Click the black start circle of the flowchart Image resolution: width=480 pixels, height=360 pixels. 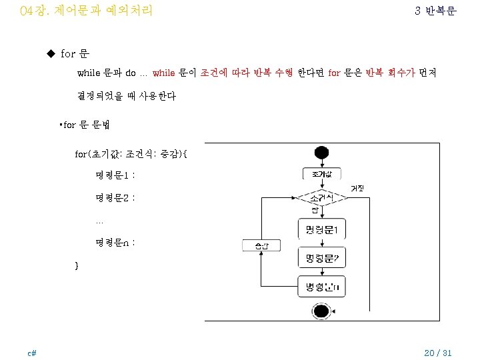(x=321, y=153)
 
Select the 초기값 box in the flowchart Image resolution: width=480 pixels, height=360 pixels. (x=321, y=175)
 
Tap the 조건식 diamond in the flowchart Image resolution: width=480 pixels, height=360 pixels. (x=321, y=199)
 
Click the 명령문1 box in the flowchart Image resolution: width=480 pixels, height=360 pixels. (x=321, y=231)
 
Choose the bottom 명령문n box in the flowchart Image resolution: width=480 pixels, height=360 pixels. (x=321, y=288)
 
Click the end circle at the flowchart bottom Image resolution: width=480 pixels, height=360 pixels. (x=321, y=311)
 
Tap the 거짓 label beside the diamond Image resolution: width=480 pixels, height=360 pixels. (x=357, y=189)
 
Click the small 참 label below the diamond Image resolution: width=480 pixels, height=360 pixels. (x=315, y=211)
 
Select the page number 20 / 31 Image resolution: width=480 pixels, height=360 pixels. (x=438, y=353)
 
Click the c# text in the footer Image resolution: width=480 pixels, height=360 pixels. (x=31, y=353)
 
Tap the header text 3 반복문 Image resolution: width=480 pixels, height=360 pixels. (x=435, y=11)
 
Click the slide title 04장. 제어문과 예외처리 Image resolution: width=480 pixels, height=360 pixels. (x=87, y=11)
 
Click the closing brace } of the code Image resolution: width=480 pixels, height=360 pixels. (x=77, y=265)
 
